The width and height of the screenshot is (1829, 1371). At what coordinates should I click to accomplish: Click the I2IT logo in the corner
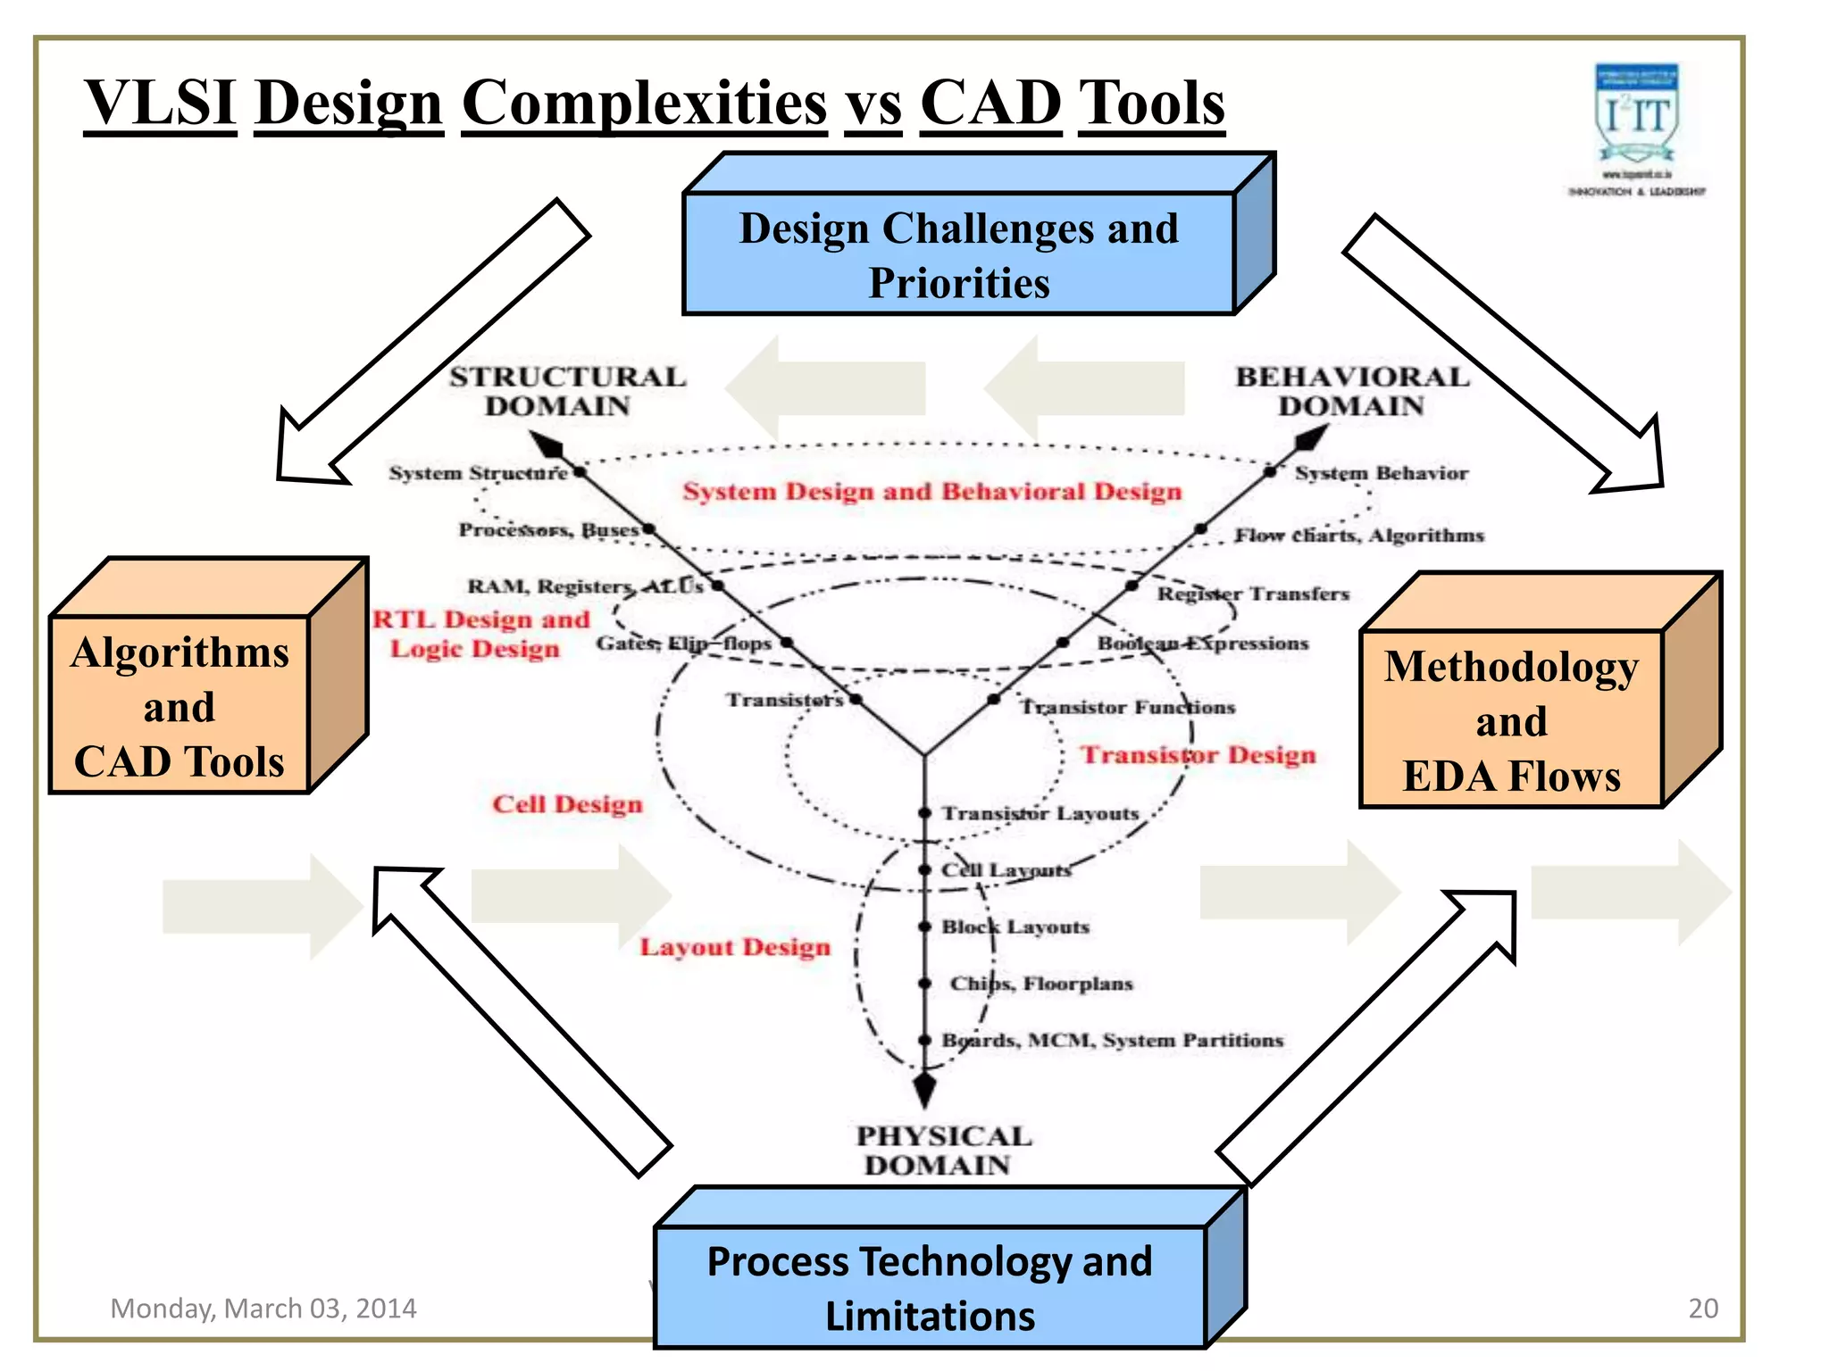(1637, 129)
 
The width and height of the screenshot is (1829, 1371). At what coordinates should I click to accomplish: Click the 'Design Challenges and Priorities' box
(959, 255)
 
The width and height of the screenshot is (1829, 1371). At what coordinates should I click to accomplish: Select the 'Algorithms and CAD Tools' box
(180, 706)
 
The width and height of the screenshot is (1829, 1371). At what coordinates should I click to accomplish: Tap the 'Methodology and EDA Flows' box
(1511, 720)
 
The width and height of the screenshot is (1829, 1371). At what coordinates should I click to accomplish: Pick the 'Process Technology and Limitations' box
(930, 1288)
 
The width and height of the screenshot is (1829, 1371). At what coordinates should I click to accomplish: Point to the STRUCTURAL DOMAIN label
(566, 391)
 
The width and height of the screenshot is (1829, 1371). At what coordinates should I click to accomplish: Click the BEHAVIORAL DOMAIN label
(1351, 391)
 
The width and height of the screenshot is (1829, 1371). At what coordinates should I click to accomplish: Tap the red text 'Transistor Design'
(1198, 755)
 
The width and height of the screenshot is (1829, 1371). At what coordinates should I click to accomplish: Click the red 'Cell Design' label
(567, 804)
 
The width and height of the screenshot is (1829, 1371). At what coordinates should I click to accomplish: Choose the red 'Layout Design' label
(734, 947)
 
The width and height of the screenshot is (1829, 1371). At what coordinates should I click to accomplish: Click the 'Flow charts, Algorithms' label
(1358, 536)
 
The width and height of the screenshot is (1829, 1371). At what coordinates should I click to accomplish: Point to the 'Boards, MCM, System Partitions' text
(1112, 1041)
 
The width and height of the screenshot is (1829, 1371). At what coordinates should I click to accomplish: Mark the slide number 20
(1702, 1309)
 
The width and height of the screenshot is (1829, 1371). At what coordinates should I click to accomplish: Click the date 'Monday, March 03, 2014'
(263, 1309)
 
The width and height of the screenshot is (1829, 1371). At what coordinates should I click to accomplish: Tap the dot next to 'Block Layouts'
(925, 926)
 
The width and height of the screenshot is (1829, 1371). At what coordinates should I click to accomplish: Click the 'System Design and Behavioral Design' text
(931, 492)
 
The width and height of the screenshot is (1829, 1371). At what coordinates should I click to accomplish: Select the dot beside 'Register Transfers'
(1132, 586)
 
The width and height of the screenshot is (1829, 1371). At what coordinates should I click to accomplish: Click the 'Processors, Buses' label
(548, 530)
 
